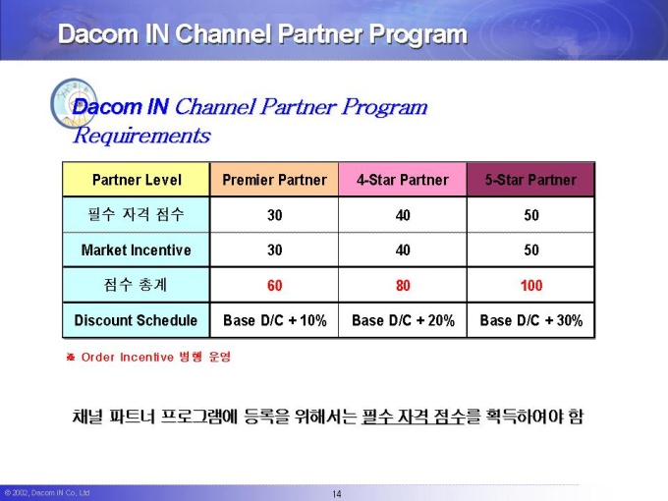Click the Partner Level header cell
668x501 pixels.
click(x=137, y=180)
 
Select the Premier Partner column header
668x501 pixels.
click(x=274, y=180)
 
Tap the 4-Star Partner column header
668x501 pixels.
click(x=403, y=180)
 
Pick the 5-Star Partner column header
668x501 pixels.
click(x=530, y=180)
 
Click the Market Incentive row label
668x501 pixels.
click(x=137, y=250)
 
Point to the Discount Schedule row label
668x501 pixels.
click(x=137, y=320)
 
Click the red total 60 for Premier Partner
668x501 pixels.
click(x=275, y=285)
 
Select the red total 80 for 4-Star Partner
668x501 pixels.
click(x=403, y=285)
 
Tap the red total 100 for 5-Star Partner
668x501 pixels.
click(x=531, y=285)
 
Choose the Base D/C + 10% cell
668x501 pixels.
click(x=274, y=320)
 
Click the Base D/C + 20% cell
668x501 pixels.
click(x=403, y=320)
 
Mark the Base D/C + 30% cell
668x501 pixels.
click(x=530, y=320)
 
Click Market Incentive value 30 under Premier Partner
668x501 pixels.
click(x=275, y=250)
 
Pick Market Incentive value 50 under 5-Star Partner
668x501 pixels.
click(x=531, y=250)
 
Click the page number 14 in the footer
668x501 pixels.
click(x=337, y=494)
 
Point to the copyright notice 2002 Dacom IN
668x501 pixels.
click(x=47, y=493)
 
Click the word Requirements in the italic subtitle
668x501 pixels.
click(x=141, y=136)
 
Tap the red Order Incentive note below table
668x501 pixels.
click(x=148, y=357)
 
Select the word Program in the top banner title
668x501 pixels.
click(x=417, y=35)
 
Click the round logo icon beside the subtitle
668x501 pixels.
click(x=74, y=103)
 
